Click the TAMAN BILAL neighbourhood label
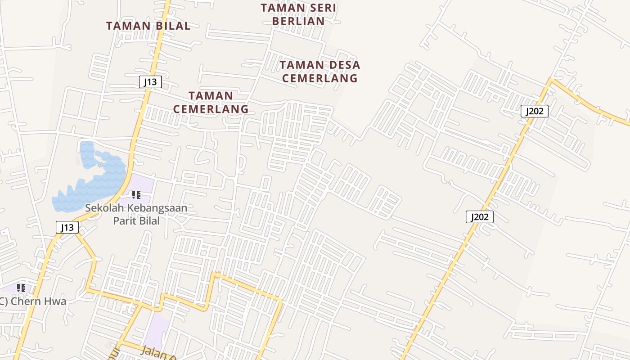(148, 26)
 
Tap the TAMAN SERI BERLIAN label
(298, 14)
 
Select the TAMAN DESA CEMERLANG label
(319, 72)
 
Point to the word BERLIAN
(298, 21)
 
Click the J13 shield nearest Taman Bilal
(150, 82)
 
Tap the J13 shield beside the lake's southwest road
(67, 227)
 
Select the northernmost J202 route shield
(534, 111)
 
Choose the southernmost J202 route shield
(479, 217)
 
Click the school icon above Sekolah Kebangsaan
(136, 195)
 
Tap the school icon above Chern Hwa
(21, 288)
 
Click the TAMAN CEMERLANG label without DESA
(211, 102)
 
